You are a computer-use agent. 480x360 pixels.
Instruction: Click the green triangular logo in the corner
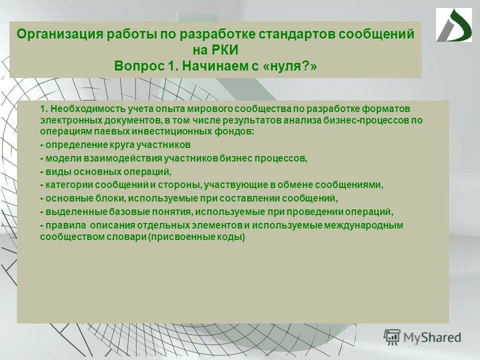coord(453,25)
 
